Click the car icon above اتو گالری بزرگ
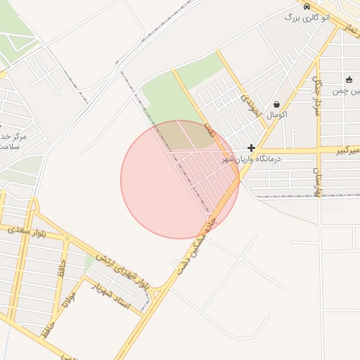click(306, 6)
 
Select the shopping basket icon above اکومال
click(276, 104)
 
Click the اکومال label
click(277, 115)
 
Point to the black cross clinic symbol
click(251, 148)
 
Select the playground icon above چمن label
click(349, 80)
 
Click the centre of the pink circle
click(180, 179)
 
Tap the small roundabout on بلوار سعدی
click(67, 238)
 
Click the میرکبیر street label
click(345, 150)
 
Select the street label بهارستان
click(318, 181)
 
